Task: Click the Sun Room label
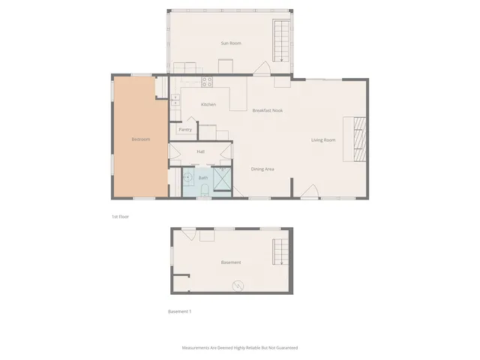pyautogui.click(x=230, y=43)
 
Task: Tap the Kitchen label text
pyautogui.click(x=208, y=104)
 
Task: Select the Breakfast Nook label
pyautogui.click(x=267, y=110)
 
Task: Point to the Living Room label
pyautogui.click(x=323, y=140)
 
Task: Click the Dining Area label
pyautogui.click(x=262, y=169)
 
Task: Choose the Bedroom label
pyautogui.click(x=141, y=139)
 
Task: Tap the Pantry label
pyautogui.click(x=185, y=130)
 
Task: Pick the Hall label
pyautogui.click(x=200, y=151)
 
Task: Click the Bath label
pyautogui.click(x=202, y=178)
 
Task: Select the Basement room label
pyautogui.click(x=231, y=262)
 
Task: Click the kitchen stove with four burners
pyautogui.click(x=207, y=82)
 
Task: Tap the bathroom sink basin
pyautogui.click(x=188, y=178)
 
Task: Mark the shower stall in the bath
pyautogui.click(x=223, y=180)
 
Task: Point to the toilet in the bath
pyautogui.click(x=203, y=188)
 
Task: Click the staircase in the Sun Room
pyautogui.click(x=281, y=42)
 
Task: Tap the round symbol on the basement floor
pyautogui.click(x=238, y=285)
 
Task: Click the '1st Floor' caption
pyautogui.click(x=120, y=216)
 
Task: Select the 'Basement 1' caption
pyautogui.click(x=180, y=311)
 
